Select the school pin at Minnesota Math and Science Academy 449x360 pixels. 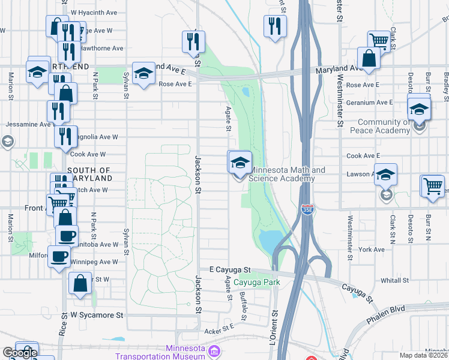(x=240, y=162)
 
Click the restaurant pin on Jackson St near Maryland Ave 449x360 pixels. (x=193, y=41)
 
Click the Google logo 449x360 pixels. (x=20, y=353)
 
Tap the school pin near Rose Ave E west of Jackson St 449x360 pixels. (x=143, y=73)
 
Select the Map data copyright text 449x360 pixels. (x=424, y=355)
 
